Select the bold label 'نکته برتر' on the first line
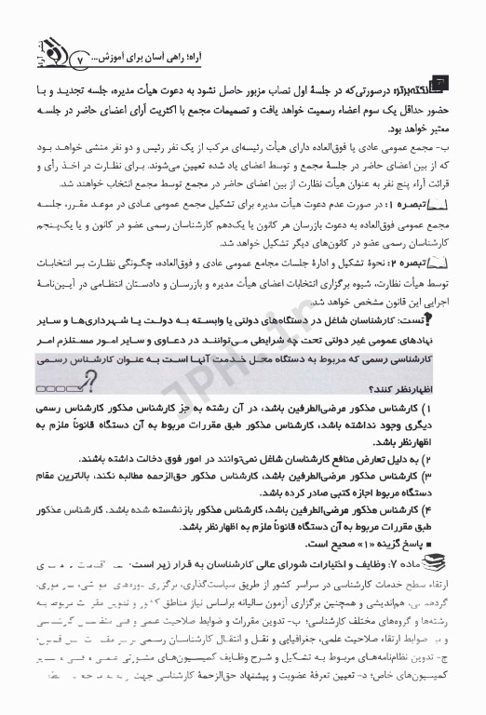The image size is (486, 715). pyautogui.click(x=439, y=87)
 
